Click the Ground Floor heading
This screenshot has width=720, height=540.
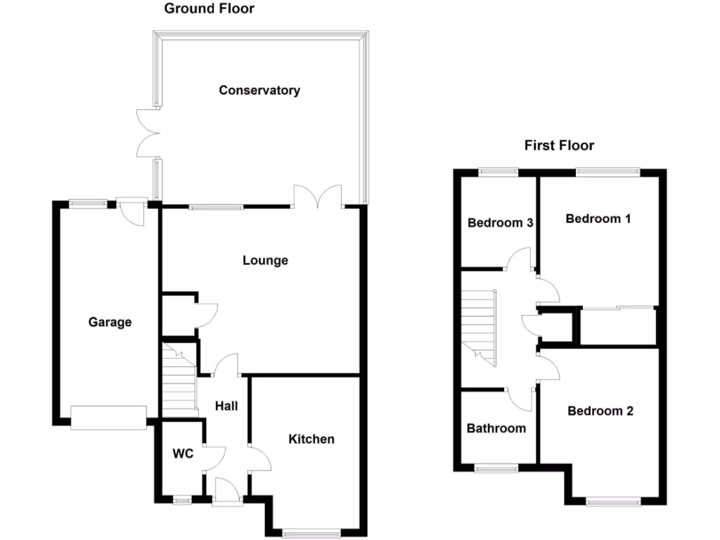(209, 9)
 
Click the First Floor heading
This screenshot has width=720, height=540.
(559, 146)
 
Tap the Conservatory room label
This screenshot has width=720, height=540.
(259, 90)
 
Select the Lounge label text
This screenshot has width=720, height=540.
(265, 260)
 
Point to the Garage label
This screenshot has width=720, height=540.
(110, 322)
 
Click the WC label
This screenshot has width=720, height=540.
(183, 454)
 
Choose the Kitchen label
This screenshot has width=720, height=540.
(311, 439)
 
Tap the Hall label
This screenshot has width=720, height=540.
(226, 406)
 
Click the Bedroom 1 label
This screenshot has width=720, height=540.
(598, 219)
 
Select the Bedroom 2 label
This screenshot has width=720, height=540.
(600, 411)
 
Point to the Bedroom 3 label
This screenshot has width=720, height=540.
(500, 223)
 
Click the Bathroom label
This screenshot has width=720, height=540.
(496, 428)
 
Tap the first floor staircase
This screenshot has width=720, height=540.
(480, 326)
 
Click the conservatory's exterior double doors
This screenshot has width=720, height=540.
(148, 133)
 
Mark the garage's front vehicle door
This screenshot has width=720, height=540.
(108, 417)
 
